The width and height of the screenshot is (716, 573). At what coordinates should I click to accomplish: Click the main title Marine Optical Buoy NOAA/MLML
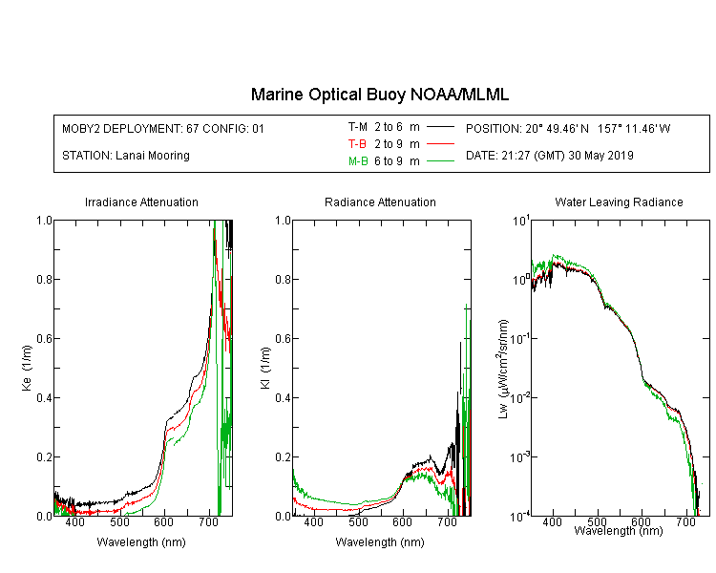379,95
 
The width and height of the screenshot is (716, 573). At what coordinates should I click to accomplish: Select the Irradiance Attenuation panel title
141,202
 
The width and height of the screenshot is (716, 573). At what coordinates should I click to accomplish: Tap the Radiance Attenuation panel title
380,202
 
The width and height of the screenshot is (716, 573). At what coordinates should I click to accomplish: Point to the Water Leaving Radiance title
619,202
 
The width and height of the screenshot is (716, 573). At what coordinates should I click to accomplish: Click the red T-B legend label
357,144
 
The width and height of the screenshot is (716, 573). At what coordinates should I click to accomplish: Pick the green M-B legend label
358,160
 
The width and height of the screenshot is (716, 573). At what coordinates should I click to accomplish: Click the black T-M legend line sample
440,127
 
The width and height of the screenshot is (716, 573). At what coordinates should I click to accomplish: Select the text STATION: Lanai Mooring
126,156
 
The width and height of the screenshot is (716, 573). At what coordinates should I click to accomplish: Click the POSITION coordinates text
568,128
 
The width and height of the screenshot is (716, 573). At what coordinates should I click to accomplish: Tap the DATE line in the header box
549,156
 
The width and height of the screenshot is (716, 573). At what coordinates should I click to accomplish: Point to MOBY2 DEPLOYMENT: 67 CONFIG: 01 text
163,128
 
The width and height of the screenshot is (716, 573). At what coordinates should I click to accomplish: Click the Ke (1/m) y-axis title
27,368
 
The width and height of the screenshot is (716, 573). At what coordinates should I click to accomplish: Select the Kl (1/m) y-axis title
265,368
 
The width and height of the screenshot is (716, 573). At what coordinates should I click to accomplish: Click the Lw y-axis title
503,369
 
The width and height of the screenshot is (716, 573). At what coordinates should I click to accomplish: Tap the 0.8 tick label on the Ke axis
44,279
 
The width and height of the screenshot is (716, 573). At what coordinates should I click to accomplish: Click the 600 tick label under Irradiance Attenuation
163,521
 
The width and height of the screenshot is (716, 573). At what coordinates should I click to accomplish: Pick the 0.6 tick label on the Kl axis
283,339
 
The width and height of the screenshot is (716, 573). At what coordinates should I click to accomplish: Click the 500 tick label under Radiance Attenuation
358,521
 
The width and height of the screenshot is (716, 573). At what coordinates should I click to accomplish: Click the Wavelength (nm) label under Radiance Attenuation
380,541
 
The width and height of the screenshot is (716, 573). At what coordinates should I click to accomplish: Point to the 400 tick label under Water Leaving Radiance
552,521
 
